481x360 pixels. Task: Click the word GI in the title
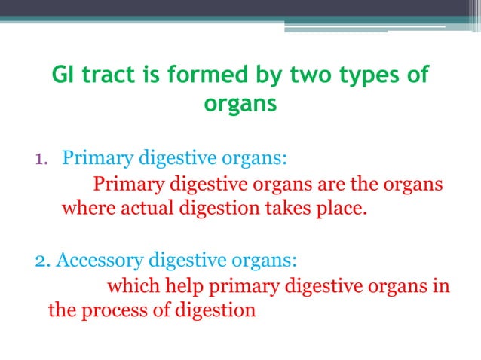[x=63, y=76]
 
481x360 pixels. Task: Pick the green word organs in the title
[x=240, y=105]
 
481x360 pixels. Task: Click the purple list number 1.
[x=41, y=159]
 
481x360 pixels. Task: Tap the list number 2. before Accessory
[x=43, y=261]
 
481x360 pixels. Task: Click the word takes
[x=284, y=207]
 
